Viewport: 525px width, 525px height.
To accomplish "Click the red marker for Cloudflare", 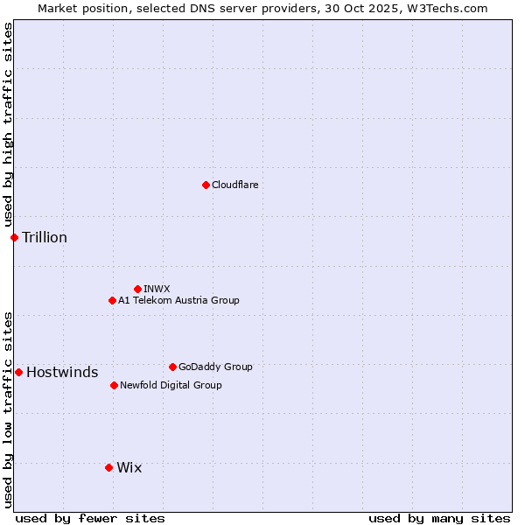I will pos(206,185).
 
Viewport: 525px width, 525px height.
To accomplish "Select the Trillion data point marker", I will pos(14,237).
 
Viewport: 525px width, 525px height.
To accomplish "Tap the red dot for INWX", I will pos(137,289).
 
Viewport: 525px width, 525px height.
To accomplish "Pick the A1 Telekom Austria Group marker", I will pos(112,300).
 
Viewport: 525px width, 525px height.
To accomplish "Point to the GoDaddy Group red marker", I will pos(172,367).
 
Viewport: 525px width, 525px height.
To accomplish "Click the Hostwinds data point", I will pos(18,372).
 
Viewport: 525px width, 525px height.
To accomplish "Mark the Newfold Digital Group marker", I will pos(114,385).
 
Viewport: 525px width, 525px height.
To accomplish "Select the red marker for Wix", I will pos(108,467).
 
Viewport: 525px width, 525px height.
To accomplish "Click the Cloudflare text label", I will pos(234,185).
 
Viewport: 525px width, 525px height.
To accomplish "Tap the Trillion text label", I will pos(45,237).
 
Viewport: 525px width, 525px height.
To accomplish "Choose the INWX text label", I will pos(157,289).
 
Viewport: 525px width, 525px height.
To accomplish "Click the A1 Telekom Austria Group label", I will pos(178,300).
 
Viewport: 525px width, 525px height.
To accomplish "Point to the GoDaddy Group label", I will pos(215,367).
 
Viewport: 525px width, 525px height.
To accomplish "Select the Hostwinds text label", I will pos(62,372).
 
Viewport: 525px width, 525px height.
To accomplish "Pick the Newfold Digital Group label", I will pos(171,385).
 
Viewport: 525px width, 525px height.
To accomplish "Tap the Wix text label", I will pos(129,467).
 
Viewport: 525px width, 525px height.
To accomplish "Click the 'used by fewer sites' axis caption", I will pos(90,518).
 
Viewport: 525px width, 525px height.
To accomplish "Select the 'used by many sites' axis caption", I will pos(439,518).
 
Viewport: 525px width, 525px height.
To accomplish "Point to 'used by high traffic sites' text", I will pos(8,124).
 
